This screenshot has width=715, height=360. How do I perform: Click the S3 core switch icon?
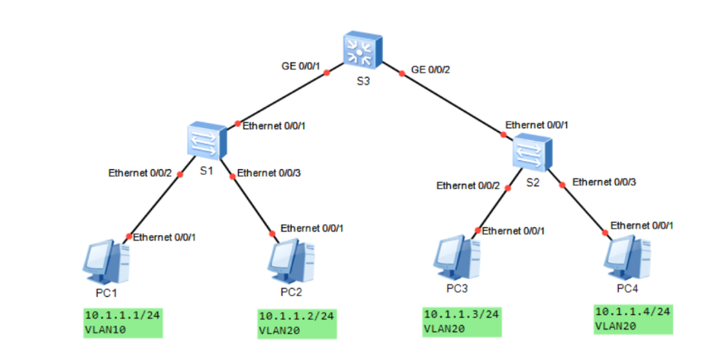362,50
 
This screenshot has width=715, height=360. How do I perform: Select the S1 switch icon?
207,141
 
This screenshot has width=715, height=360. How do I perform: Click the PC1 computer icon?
105,261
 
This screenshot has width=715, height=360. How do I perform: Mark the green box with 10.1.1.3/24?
462,321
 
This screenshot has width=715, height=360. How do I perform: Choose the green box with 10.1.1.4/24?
633,319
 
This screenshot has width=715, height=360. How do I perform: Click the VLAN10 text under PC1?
107,329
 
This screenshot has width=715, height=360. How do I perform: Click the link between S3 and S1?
282,98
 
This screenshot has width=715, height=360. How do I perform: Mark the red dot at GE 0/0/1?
327,73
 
